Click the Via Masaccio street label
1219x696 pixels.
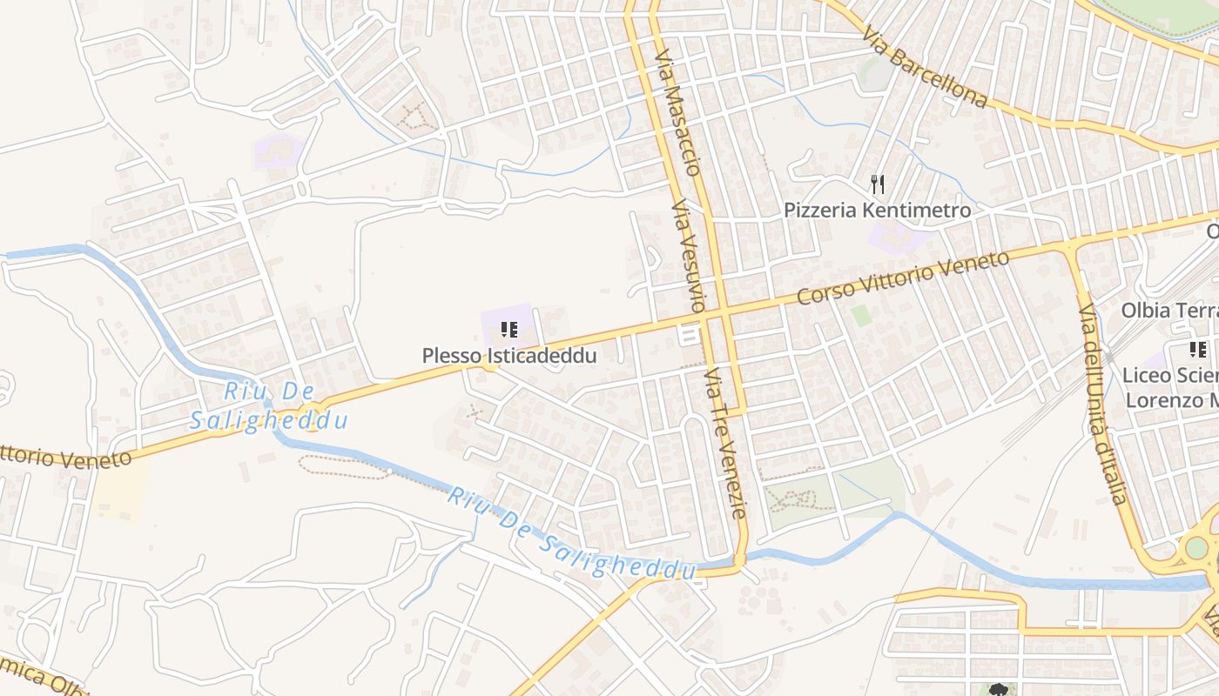coord(678,113)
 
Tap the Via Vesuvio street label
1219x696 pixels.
coord(687,257)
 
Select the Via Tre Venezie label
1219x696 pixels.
coord(725,443)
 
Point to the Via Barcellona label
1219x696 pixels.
coord(926,68)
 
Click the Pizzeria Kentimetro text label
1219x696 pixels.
coord(877,211)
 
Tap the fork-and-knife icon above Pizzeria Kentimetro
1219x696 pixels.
coord(878,184)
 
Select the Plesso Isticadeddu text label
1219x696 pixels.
coord(509,356)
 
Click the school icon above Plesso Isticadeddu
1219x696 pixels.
coord(509,330)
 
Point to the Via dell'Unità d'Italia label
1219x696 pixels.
coord(1103,404)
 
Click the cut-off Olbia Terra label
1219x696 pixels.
coord(1169,311)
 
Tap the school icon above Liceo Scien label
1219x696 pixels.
coord(1198,350)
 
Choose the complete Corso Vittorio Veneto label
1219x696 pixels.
coord(903,278)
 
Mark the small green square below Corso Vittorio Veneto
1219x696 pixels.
coord(861,315)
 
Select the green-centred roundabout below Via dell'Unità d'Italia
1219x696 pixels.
coord(1197,548)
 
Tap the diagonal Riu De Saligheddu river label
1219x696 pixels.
coord(572,535)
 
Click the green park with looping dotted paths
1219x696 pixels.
coord(797,499)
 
